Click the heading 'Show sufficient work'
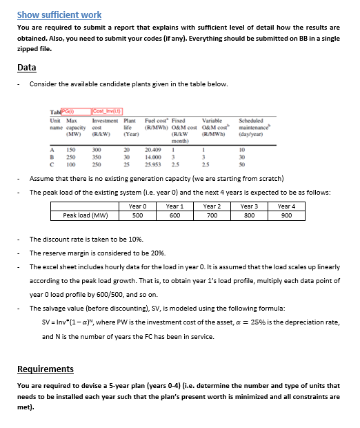click(x=59, y=14)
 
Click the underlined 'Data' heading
click(x=27, y=68)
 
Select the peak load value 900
click(x=286, y=215)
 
